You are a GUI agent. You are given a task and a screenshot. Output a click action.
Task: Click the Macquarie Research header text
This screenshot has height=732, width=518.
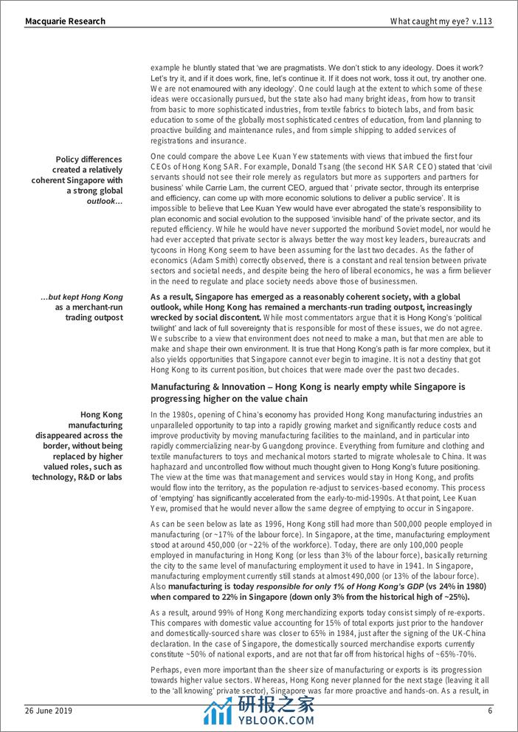[x=55, y=21]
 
